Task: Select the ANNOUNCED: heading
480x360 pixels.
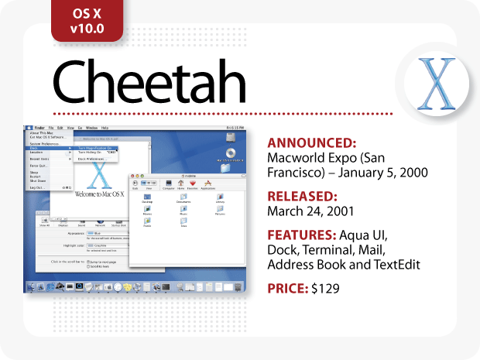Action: pos(312,142)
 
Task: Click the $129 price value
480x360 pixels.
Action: pos(325,288)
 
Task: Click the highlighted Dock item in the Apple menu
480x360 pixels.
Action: pos(35,148)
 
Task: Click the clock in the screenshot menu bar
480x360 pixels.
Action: pos(235,126)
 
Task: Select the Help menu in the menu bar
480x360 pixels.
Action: pos(105,126)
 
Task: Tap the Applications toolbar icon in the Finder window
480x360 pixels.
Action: pos(208,184)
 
